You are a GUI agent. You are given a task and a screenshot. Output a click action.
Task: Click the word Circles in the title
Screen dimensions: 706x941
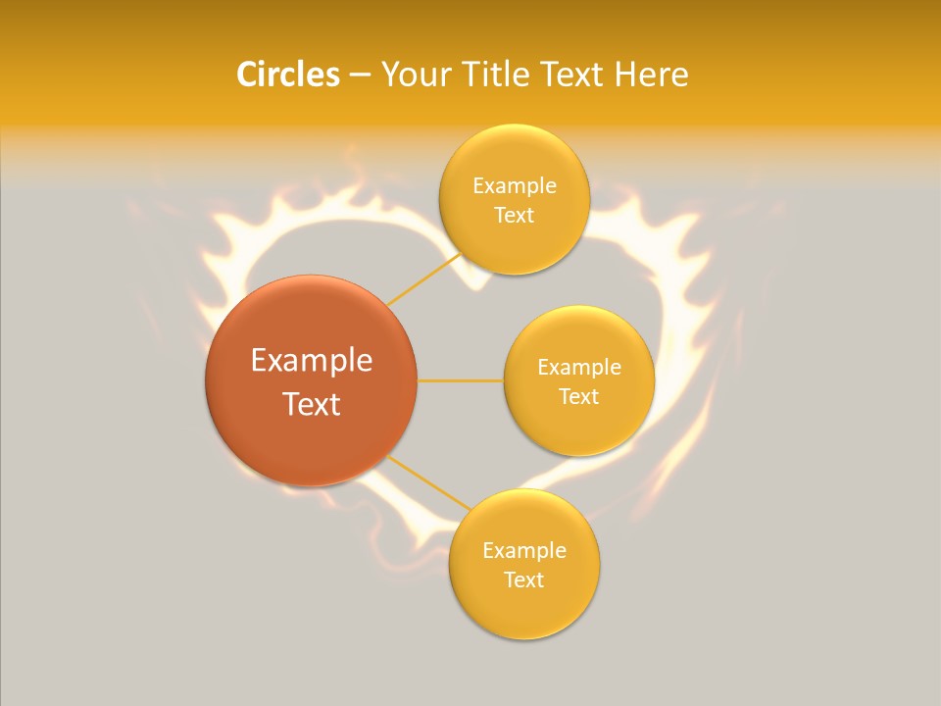coord(287,75)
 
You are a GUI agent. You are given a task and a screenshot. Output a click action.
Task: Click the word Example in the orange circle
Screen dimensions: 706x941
coord(312,361)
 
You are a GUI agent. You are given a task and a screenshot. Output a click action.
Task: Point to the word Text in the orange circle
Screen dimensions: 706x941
coord(312,404)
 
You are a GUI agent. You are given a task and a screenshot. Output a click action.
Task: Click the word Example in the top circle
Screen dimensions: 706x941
coord(514,185)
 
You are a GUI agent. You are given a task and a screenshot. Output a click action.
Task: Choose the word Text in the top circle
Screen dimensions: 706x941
coord(514,215)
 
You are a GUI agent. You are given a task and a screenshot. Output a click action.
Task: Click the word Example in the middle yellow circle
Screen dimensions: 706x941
coord(578,367)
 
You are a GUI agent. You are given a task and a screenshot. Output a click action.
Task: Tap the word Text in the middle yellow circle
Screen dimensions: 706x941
coord(578,396)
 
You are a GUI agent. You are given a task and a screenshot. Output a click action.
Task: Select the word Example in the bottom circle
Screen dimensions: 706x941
coord(523,550)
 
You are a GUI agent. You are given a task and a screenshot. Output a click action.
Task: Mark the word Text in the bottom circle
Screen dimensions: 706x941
coord(523,580)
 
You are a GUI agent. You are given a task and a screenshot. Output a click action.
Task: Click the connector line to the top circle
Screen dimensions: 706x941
coord(423,279)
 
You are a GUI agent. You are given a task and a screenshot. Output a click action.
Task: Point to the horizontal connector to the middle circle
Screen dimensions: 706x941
coord(461,380)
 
